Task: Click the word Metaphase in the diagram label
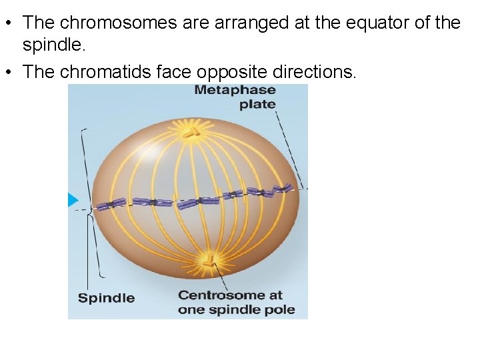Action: click(234, 90)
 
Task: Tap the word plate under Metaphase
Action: click(257, 104)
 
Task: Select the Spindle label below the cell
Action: click(106, 298)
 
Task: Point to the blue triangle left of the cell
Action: click(73, 199)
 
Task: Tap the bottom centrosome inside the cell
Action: click(209, 259)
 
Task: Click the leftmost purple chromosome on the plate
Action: click(110, 204)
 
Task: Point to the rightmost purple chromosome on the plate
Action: click(283, 189)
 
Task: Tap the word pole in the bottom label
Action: click(283, 310)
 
